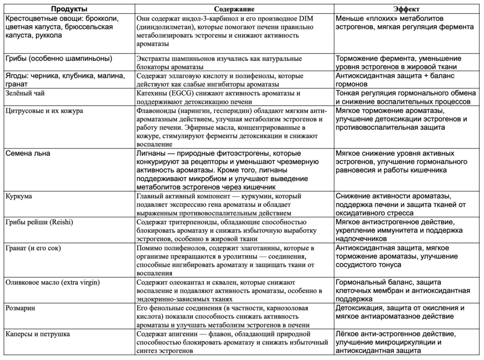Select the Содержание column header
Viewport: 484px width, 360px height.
tap(234, 9)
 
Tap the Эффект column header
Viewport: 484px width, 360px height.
tap(407, 9)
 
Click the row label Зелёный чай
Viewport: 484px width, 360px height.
tap(24, 94)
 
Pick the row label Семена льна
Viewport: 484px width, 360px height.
tap(27, 153)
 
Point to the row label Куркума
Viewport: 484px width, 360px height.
tap(19, 196)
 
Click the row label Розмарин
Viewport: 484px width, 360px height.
tap(21, 307)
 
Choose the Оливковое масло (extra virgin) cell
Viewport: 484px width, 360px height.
tap(52, 282)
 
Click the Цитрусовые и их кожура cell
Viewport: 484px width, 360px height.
tap(44, 111)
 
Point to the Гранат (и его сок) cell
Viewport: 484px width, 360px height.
tap(33, 247)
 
